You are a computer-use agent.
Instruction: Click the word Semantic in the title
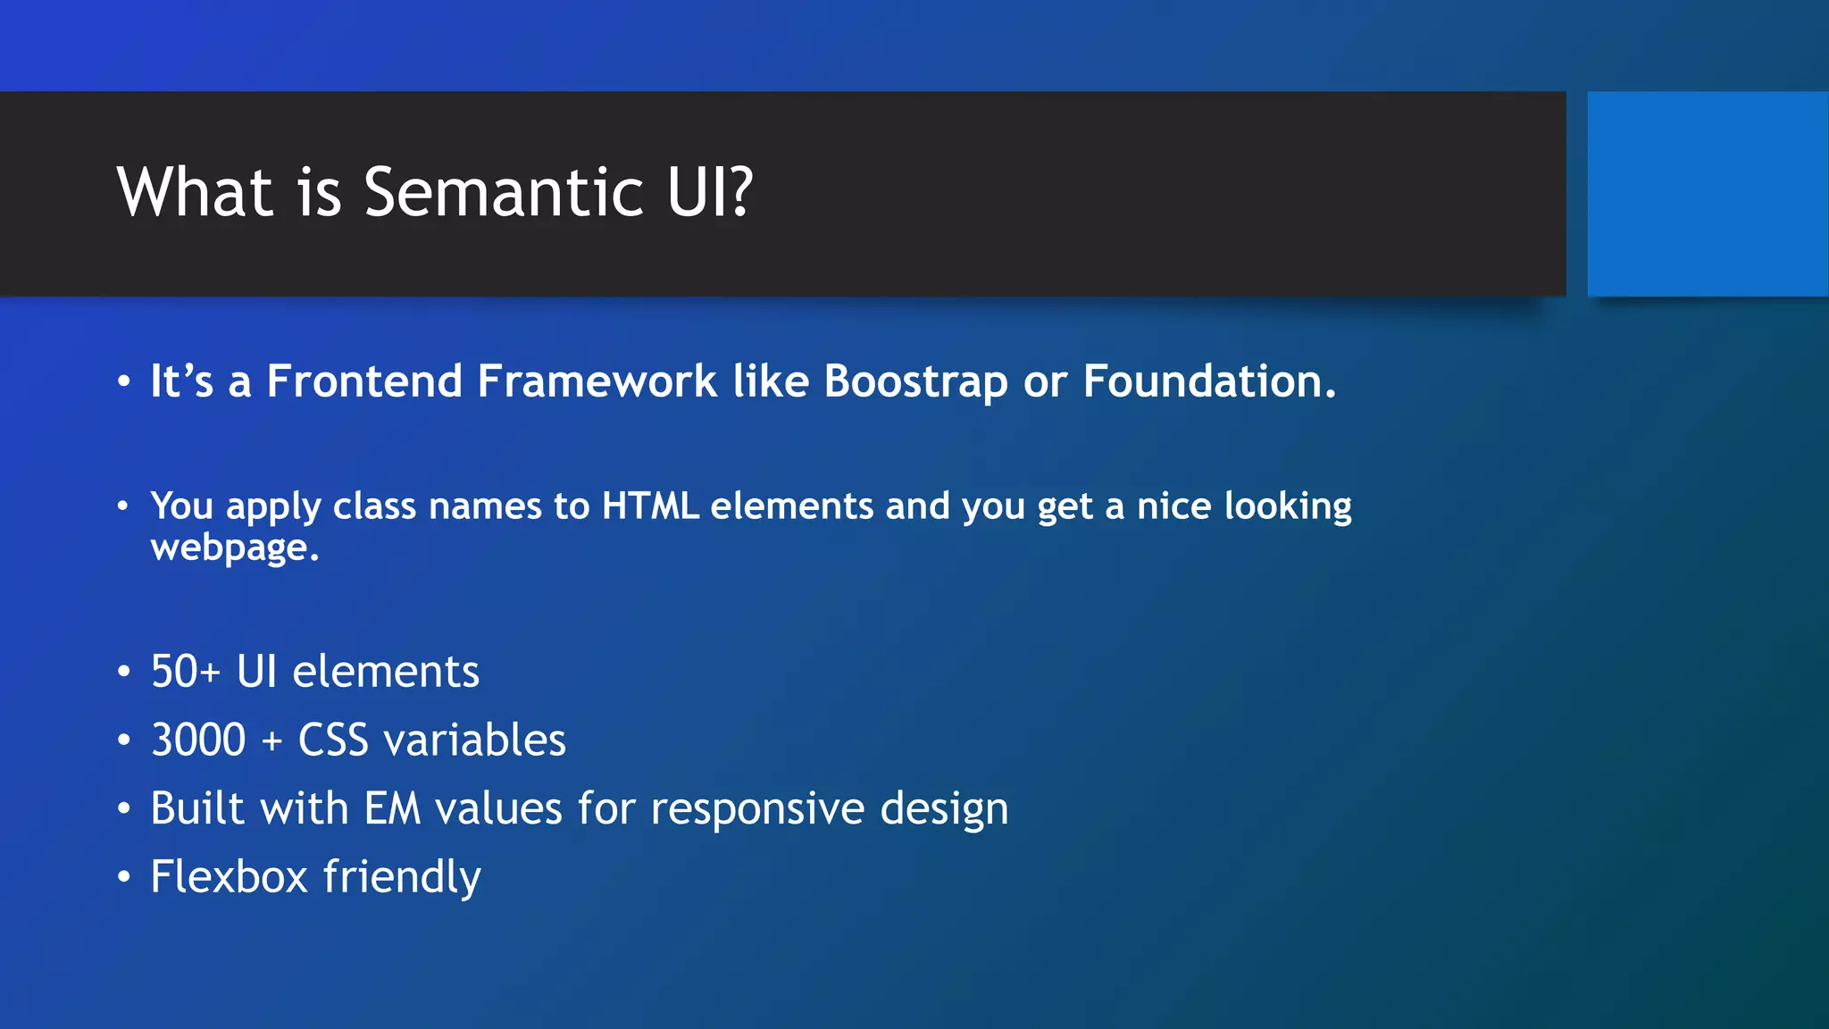[x=504, y=192]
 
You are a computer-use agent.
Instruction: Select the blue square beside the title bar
[x=1708, y=194]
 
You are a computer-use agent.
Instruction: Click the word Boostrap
[x=915, y=382]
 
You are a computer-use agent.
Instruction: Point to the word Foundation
[x=1208, y=381]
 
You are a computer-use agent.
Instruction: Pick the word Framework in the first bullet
[x=597, y=381]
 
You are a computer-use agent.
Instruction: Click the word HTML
[x=650, y=506]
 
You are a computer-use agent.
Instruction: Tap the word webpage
[x=234, y=548]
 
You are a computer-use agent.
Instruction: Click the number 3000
[x=198, y=740]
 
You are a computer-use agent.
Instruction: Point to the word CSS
[x=333, y=740]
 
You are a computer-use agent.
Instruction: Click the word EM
[x=392, y=809]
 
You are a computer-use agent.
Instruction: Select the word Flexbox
[x=230, y=877]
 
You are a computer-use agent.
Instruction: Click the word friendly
[x=403, y=878]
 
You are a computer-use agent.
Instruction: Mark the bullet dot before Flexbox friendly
[x=124, y=877]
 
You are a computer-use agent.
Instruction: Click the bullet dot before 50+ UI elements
[x=124, y=672]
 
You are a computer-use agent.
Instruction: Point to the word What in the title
[x=195, y=192]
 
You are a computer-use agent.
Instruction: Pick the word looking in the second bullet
[x=1288, y=507]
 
